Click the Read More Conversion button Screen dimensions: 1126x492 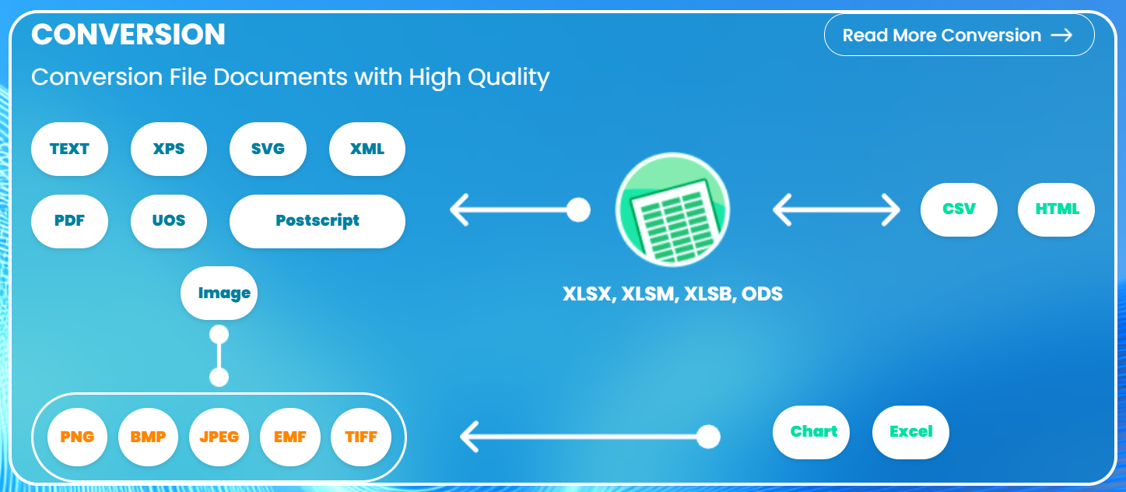(959, 35)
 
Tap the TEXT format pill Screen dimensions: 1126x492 (69, 149)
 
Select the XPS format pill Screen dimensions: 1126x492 (169, 149)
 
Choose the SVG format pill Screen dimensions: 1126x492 (268, 149)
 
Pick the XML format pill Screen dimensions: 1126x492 (367, 149)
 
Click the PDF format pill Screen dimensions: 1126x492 (69, 221)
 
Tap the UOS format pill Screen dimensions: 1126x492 (169, 221)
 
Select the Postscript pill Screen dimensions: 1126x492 (317, 221)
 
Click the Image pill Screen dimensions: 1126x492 (219, 293)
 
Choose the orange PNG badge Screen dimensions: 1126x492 (77, 437)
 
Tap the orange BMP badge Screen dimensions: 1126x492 (149, 437)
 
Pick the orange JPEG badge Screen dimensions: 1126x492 (219, 437)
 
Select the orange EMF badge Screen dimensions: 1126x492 (290, 437)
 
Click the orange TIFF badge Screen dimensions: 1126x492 (361, 437)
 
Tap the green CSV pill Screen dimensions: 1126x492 (959, 209)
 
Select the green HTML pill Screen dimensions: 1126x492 (1056, 209)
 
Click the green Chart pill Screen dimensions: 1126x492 (811, 432)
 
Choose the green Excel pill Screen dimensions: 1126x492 (910, 432)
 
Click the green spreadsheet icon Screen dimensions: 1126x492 (672, 209)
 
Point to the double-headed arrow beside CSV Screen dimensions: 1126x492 (837, 209)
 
